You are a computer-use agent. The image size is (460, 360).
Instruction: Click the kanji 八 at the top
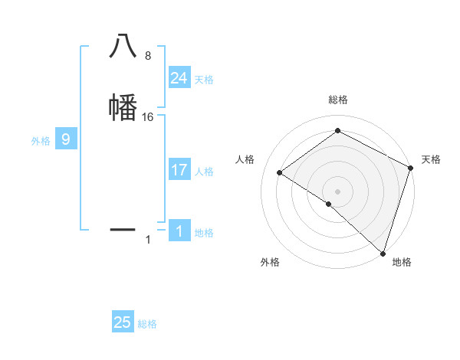[123, 46]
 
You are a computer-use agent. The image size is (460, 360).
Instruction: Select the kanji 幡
[123, 106]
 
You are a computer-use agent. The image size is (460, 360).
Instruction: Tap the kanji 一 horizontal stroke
[123, 229]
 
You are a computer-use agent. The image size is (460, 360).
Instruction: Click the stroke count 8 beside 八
[147, 56]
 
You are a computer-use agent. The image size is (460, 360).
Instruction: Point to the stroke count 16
[148, 117]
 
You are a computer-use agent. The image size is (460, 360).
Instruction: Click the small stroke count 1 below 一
[148, 241]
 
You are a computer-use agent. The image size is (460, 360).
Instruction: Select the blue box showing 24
[179, 77]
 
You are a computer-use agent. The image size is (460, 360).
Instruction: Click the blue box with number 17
[179, 170]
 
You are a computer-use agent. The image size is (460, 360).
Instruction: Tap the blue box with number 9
[66, 139]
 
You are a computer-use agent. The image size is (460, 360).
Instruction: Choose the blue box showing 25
[123, 322]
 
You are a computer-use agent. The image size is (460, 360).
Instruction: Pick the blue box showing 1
[179, 231]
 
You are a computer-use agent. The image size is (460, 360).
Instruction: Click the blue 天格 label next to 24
[204, 80]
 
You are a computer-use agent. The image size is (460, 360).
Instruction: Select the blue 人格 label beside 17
[204, 172]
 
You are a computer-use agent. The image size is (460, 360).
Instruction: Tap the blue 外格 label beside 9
[40, 141]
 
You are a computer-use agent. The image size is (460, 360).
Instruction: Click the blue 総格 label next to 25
[147, 325]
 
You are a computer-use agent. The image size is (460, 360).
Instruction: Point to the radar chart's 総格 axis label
[337, 100]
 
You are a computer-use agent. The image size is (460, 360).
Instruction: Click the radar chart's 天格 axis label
[431, 159]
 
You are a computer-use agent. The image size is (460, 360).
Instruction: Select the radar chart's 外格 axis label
[270, 263]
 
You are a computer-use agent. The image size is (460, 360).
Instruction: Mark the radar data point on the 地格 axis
[383, 253]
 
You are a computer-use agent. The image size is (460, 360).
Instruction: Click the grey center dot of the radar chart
[337, 191]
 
